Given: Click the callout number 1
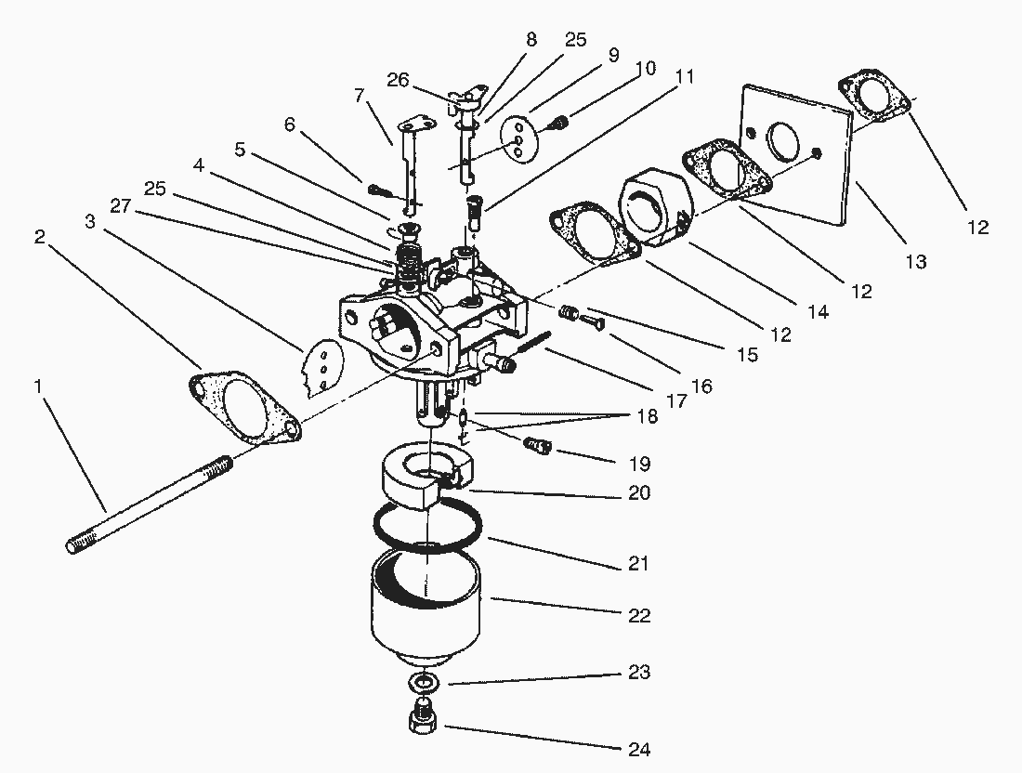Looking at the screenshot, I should (38, 384).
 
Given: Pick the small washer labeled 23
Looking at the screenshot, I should (424, 684).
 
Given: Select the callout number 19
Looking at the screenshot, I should (638, 464).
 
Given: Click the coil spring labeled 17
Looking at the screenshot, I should (531, 343).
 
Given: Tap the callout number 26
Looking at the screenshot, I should (398, 82).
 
